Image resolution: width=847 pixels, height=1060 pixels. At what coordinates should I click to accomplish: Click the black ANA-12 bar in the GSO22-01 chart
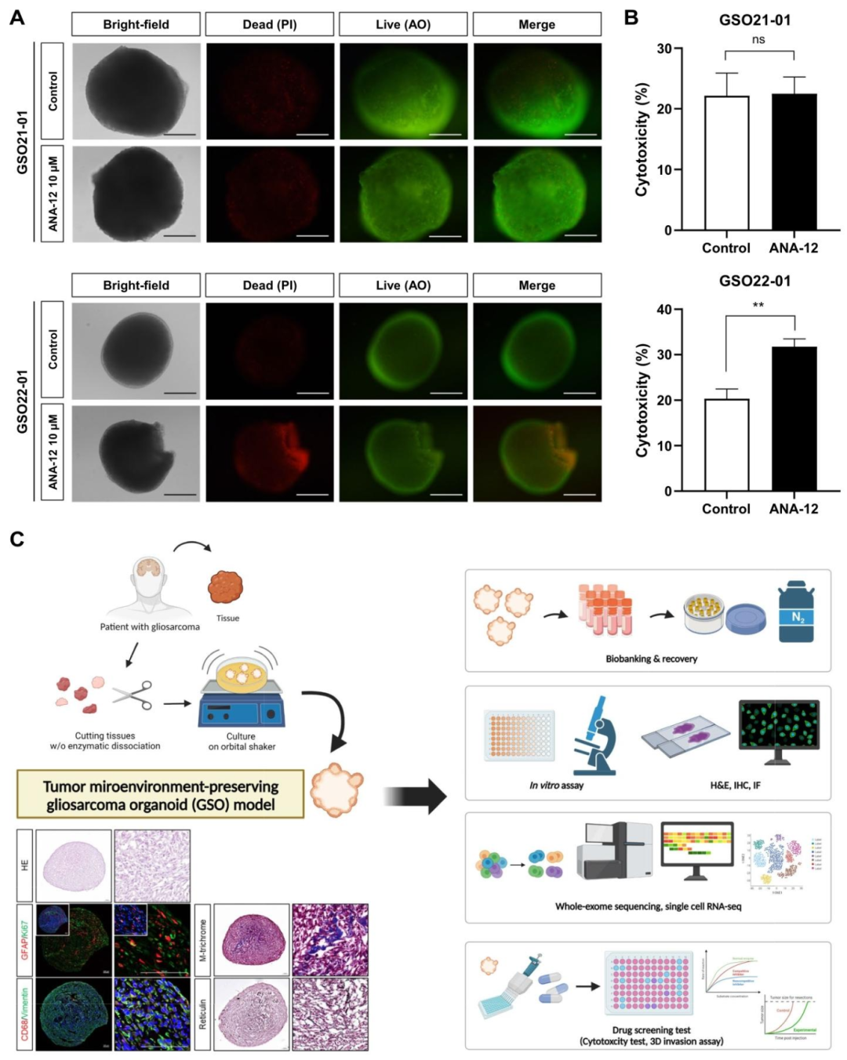(x=794, y=419)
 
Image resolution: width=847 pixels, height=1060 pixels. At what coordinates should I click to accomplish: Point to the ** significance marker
(x=758, y=305)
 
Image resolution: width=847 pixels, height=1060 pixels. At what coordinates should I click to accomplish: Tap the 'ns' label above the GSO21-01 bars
(x=758, y=39)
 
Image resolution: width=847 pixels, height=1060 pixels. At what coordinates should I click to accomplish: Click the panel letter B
(x=631, y=17)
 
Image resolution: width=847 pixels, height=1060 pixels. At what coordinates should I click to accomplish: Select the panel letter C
(x=16, y=539)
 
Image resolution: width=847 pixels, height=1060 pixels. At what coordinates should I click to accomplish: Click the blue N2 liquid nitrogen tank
(x=796, y=613)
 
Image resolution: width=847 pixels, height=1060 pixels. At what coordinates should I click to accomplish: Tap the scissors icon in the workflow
(x=133, y=695)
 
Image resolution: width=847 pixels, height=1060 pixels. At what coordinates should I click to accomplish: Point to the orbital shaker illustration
(x=242, y=693)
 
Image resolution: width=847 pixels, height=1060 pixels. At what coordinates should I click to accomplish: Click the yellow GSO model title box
(x=160, y=795)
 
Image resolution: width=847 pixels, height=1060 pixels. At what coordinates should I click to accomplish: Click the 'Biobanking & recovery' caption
(x=651, y=659)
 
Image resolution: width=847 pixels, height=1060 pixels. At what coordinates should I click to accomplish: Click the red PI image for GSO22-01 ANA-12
(x=270, y=453)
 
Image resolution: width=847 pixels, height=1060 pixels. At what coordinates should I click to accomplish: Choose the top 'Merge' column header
(x=536, y=24)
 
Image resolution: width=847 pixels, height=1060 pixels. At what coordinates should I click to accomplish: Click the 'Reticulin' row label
(x=202, y=1014)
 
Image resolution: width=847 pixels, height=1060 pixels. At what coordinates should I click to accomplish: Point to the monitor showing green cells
(x=778, y=729)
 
